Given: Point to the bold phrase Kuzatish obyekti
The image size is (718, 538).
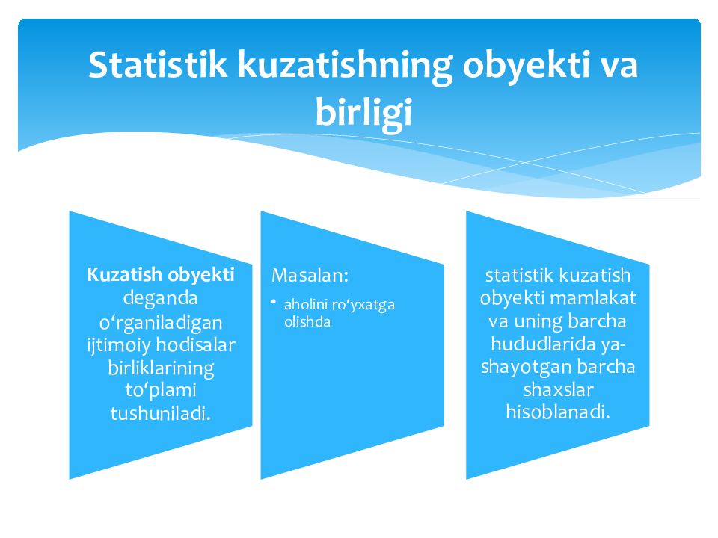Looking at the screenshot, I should click(161, 274).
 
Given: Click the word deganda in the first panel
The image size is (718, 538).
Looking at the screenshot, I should click(160, 298).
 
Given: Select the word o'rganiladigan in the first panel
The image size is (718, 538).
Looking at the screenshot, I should click(161, 322).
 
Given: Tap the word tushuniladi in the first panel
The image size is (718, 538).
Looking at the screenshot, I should click(159, 413).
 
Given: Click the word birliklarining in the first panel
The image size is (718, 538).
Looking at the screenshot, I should click(161, 368).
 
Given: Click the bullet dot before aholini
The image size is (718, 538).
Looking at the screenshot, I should click(274, 302).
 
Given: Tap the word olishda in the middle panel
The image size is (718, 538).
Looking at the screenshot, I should click(307, 322).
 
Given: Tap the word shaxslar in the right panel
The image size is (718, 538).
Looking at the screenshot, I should click(557, 390).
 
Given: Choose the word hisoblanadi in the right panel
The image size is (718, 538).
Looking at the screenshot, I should click(557, 412).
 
